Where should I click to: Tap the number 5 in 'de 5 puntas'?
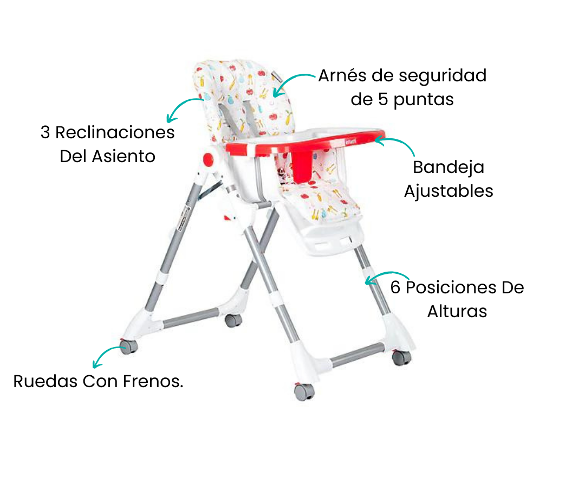coord(383,99)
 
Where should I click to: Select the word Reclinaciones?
coord(115,132)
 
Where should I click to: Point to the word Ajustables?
coord(448,191)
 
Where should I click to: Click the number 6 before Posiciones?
coord(395,287)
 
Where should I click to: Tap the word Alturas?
coord(457,311)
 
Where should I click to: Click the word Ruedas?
coord(45,382)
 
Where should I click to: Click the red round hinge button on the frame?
coord(208,159)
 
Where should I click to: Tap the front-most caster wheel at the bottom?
coord(304,391)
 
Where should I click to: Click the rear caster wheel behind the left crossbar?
coord(233,320)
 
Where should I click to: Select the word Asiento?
coord(123,157)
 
